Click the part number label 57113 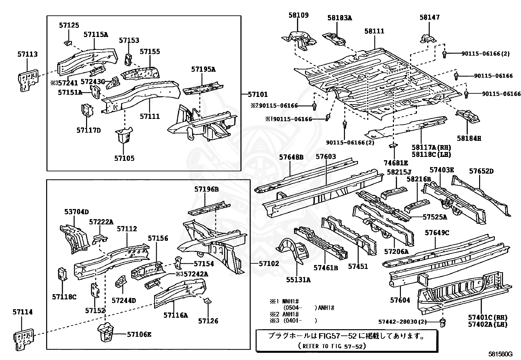pos(27,54)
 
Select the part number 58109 pos(298,15)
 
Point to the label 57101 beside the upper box pos(258,95)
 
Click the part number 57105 pos(124,158)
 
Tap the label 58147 pos(430,17)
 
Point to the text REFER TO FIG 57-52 pos(332,346)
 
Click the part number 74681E pos(396,163)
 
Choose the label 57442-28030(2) pos(403,322)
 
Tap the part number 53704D pos(77,212)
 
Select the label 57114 pos(23,312)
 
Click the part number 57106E pos(139,334)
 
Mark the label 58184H pos(469,138)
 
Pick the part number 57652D pos(481,171)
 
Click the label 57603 pos(326,157)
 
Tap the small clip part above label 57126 pos(207,301)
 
